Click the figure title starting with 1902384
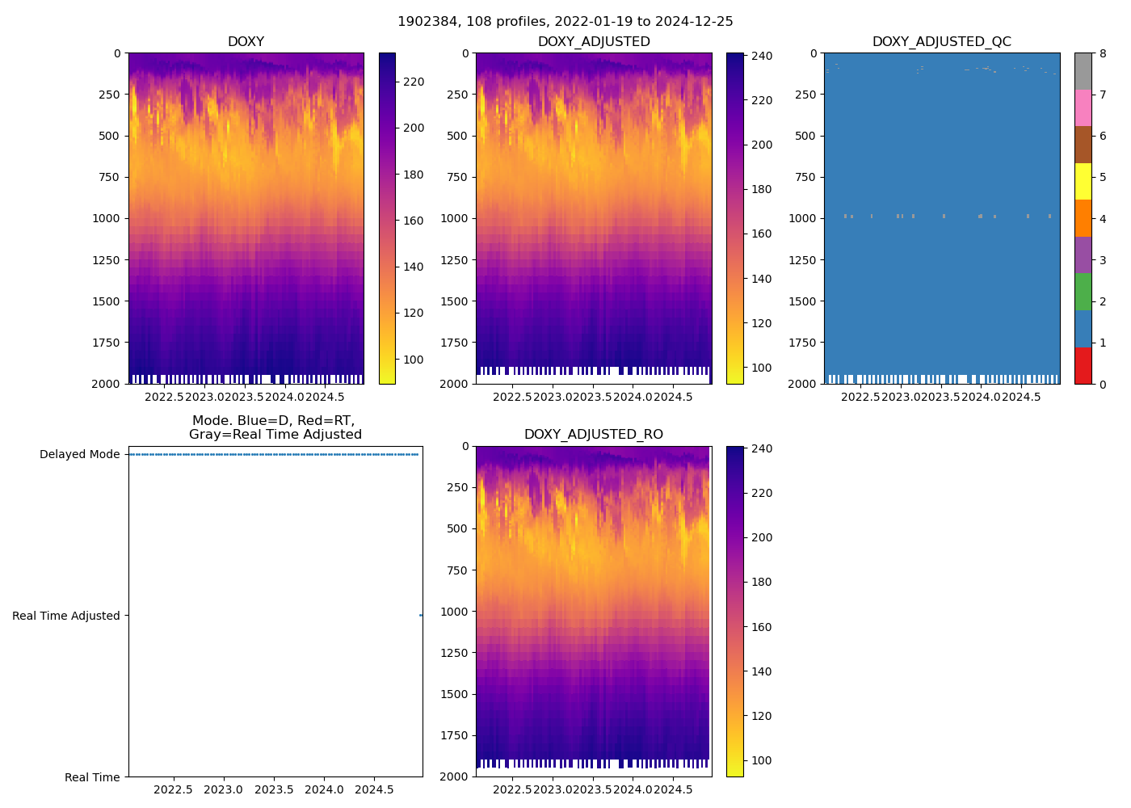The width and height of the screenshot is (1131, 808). [x=565, y=22]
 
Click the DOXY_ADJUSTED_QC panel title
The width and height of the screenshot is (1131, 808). [x=941, y=42]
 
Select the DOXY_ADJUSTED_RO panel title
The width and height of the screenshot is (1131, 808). [x=593, y=435]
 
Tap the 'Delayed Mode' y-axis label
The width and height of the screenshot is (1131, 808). [x=79, y=454]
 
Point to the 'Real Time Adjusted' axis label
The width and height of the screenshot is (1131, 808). [x=65, y=616]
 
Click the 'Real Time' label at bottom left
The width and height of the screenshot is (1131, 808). [x=92, y=777]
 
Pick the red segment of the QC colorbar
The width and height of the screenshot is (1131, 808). [x=1083, y=365]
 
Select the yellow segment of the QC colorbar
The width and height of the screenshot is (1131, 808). [x=1083, y=181]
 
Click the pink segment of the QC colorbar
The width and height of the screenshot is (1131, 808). [x=1083, y=107]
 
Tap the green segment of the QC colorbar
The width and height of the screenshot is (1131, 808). [x=1083, y=292]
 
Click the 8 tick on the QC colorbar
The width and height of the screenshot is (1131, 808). [x=1102, y=53]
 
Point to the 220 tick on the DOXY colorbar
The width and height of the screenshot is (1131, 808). [x=414, y=82]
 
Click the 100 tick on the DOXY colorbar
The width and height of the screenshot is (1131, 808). [x=414, y=360]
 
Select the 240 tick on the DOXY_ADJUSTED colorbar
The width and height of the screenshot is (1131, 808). [x=762, y=56]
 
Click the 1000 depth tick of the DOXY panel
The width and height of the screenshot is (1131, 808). [x=107, y=218]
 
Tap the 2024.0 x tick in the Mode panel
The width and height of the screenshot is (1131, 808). [x=324, y=789]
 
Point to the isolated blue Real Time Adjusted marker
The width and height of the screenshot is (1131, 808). [x=421, y=616]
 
